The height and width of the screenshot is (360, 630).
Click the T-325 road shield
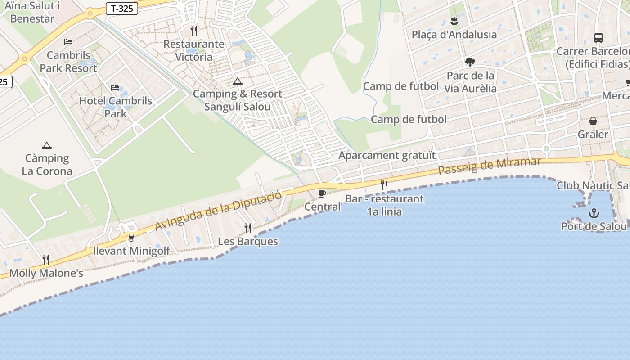tap(122, 9)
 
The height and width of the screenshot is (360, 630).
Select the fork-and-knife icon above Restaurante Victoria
tap(194, 30)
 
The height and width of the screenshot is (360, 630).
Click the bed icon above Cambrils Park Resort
tap(68, 42)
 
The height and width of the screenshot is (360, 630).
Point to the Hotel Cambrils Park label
tap(116, 107)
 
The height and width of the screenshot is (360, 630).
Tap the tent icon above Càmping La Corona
tap(46, 145)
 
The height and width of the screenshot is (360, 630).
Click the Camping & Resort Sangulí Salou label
tap(238, 100)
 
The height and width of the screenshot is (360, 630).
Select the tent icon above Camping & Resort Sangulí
tap(237, 81)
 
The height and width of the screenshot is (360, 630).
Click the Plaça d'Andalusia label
tap(454, 35)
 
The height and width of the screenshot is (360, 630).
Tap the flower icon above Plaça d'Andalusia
tap(454, 21)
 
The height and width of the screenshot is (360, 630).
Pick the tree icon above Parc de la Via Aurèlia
tap(470, 62)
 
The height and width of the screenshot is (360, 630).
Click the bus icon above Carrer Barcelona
tap(598, 38)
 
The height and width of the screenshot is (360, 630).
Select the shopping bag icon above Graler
tap(593, 121)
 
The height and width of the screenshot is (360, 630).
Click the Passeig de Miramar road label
tap(490, 166)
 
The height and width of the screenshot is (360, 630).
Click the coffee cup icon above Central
tap(322, 193)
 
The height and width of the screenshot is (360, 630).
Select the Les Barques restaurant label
tap(248, 241)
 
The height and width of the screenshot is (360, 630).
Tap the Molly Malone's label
tap(46, 273)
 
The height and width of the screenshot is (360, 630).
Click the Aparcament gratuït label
tap(387, 156)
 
